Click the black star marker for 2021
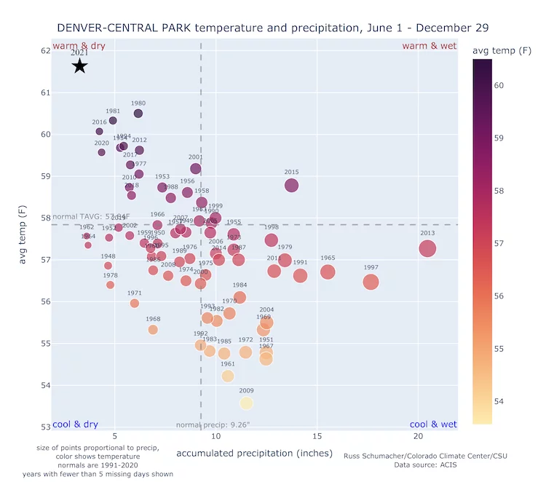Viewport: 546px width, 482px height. pos(79,66)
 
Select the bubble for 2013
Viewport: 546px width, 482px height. pos(427,248)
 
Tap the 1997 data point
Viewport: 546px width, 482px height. pos(371,282)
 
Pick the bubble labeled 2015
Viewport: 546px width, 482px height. pos(291,185)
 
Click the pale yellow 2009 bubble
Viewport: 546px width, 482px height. pos(246,403)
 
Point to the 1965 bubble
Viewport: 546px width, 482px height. pos(328,272)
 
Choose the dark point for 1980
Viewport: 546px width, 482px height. pos(138,114)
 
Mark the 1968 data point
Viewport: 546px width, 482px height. pos(153,329)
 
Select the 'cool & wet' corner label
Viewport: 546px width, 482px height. pos(433,424)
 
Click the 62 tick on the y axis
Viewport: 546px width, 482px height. pos(45,51)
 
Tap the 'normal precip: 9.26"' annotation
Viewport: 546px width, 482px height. pos(213,424)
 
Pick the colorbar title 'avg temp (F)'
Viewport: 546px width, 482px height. pos(502,50)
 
